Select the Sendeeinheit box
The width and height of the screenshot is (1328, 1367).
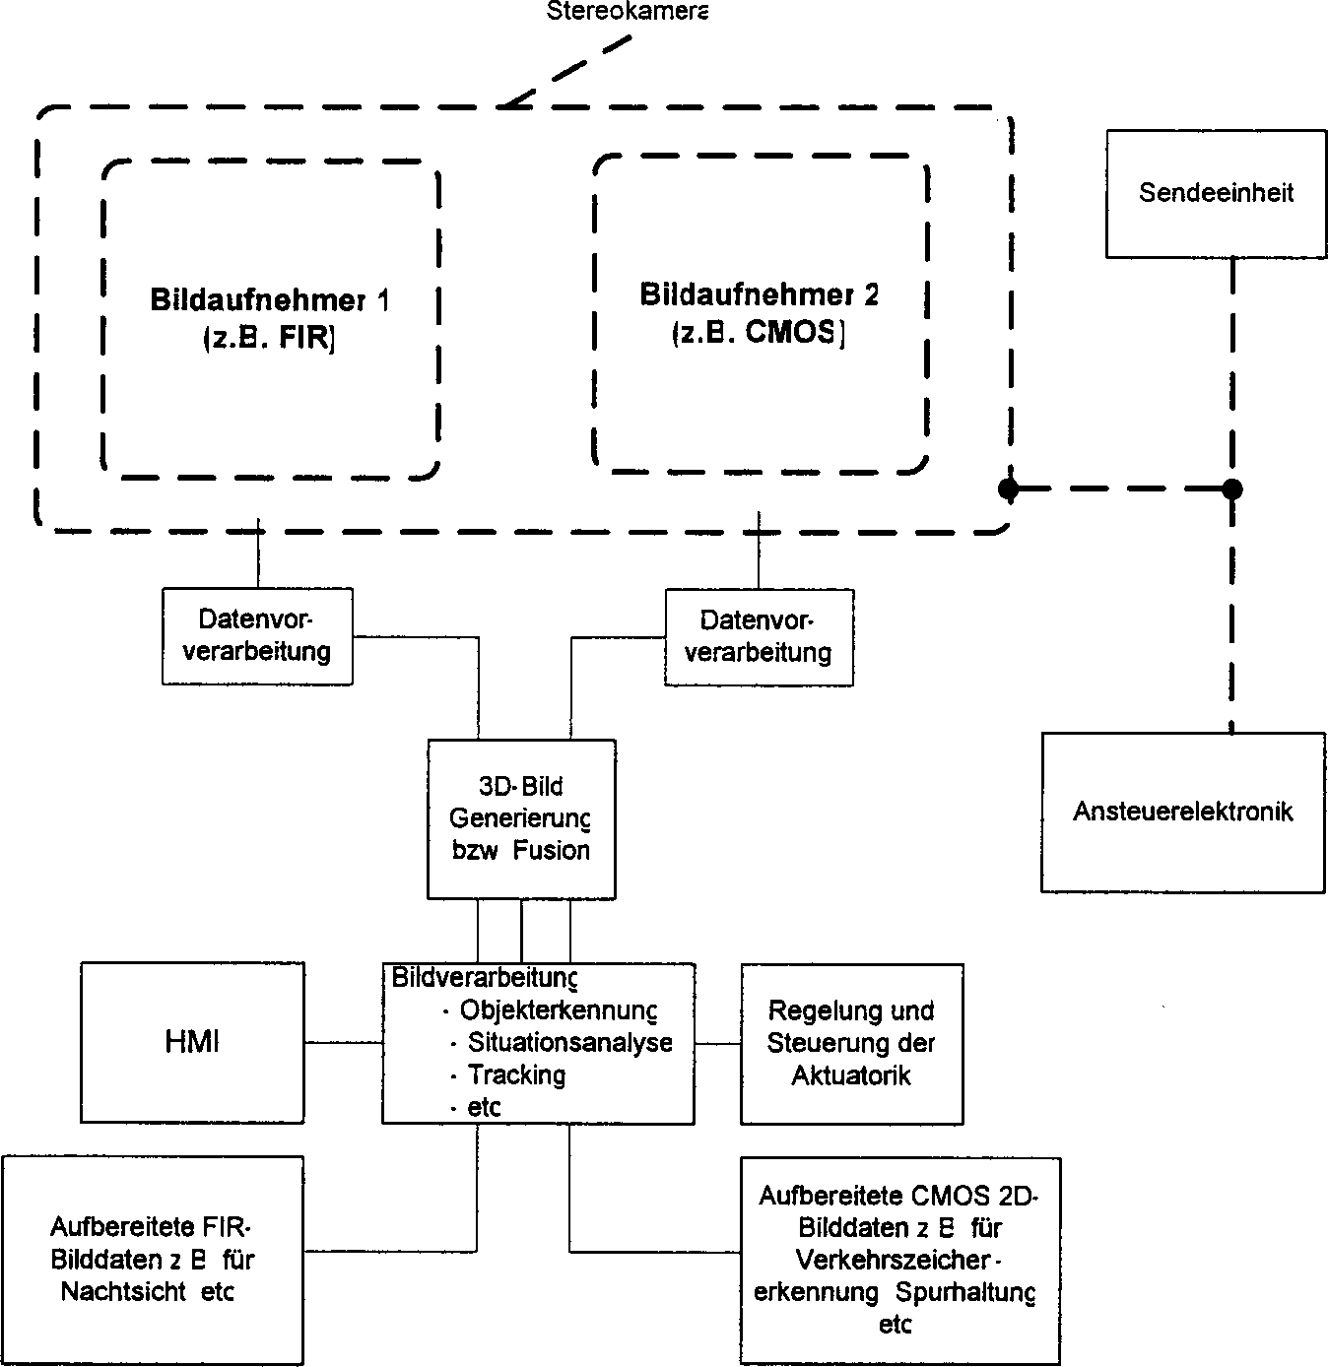[x=1216, y=193]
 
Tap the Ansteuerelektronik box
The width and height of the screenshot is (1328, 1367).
[x=1182, y=813]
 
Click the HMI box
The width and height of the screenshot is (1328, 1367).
[x=192, y=1042]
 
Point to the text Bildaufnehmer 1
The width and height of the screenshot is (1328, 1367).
[x=269, y=300]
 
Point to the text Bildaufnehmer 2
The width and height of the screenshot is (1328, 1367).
[x=759, y=294]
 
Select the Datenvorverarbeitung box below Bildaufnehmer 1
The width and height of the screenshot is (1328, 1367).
[x=257, y=636]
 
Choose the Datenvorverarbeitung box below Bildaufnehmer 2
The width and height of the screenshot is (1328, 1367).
[x=759, y=637]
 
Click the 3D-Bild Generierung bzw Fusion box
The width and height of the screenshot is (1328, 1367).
[x=521, y=819]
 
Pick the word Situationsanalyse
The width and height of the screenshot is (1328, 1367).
[x=570, y=1043]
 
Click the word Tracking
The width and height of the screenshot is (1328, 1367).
[x=516, y=1074]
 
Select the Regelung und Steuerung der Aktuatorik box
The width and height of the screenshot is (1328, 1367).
[x=851, y=1043]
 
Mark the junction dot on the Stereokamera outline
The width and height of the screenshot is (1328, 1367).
[x=1007, y=488]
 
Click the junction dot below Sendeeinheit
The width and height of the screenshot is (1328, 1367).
[x=1231, y=488]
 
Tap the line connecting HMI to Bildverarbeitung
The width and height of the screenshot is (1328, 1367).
[x=344, y=1042]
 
